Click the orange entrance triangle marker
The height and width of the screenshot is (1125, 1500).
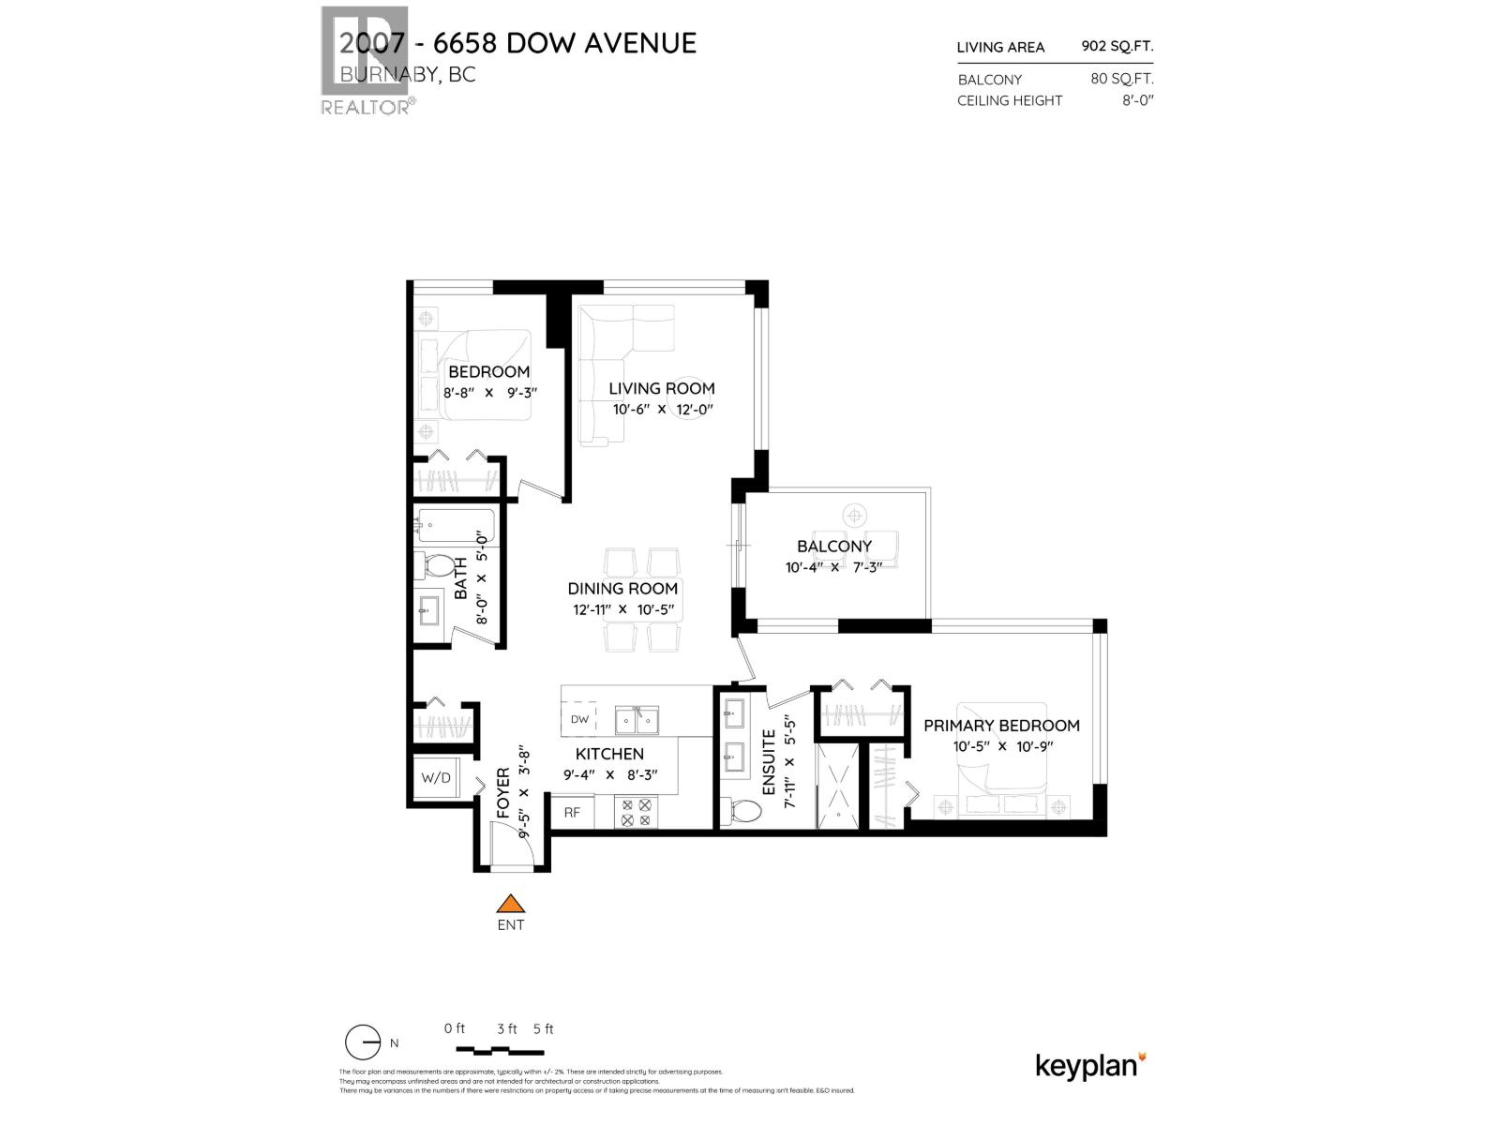click(510, 904)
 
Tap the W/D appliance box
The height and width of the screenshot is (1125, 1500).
click(436, 777)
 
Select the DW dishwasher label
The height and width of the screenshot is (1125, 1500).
click(579, 719)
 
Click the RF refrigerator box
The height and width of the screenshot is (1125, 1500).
click(572, 813)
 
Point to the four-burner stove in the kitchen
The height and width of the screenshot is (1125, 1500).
click(637, 812)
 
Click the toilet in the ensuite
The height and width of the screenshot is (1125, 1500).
click(744, 812)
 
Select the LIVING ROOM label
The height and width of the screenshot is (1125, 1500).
click(662, 388)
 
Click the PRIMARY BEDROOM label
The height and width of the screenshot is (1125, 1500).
click(1001, 726)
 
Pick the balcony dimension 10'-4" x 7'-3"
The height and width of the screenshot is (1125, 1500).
click(833, 567)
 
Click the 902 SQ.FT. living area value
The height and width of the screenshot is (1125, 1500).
click(1117, 46)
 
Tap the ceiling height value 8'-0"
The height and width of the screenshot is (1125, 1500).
click(1137, 100)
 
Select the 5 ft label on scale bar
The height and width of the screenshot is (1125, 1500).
click(543, 1028)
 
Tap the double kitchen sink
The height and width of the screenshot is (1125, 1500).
click(637, 720)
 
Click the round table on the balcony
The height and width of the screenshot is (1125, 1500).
click(854, 515)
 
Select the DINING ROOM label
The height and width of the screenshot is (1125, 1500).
click(622, 589)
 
